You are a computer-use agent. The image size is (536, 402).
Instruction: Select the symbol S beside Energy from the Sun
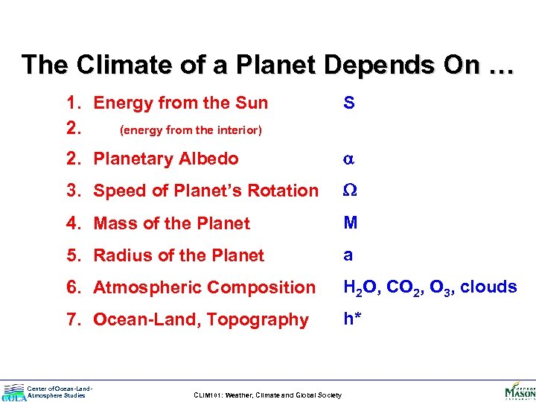pyautogui.click(x=348, y=103)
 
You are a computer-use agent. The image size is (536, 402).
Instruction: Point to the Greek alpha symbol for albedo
pyautogui.click(x=348, y=159)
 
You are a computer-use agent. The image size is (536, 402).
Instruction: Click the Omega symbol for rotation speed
pyautogui.click(x=349, y=191)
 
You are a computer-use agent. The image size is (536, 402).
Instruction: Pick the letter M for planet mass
pyautogui.click(x=350, y=223)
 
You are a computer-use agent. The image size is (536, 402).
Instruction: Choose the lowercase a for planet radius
pyautogui.click(x=348, y=255)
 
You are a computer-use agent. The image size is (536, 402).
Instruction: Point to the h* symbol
pyautogui.click(x=353, y=319)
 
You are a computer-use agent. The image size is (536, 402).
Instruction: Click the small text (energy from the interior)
pyautogui.click(x=191, y=130)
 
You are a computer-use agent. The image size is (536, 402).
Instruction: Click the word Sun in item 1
pyautogui.click(x=252, y=103)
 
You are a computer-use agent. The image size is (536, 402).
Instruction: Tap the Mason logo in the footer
pyautogui.click(x=520, y=390)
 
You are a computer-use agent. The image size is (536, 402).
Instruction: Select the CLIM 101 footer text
pyautogui.click(x=267, y=395)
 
